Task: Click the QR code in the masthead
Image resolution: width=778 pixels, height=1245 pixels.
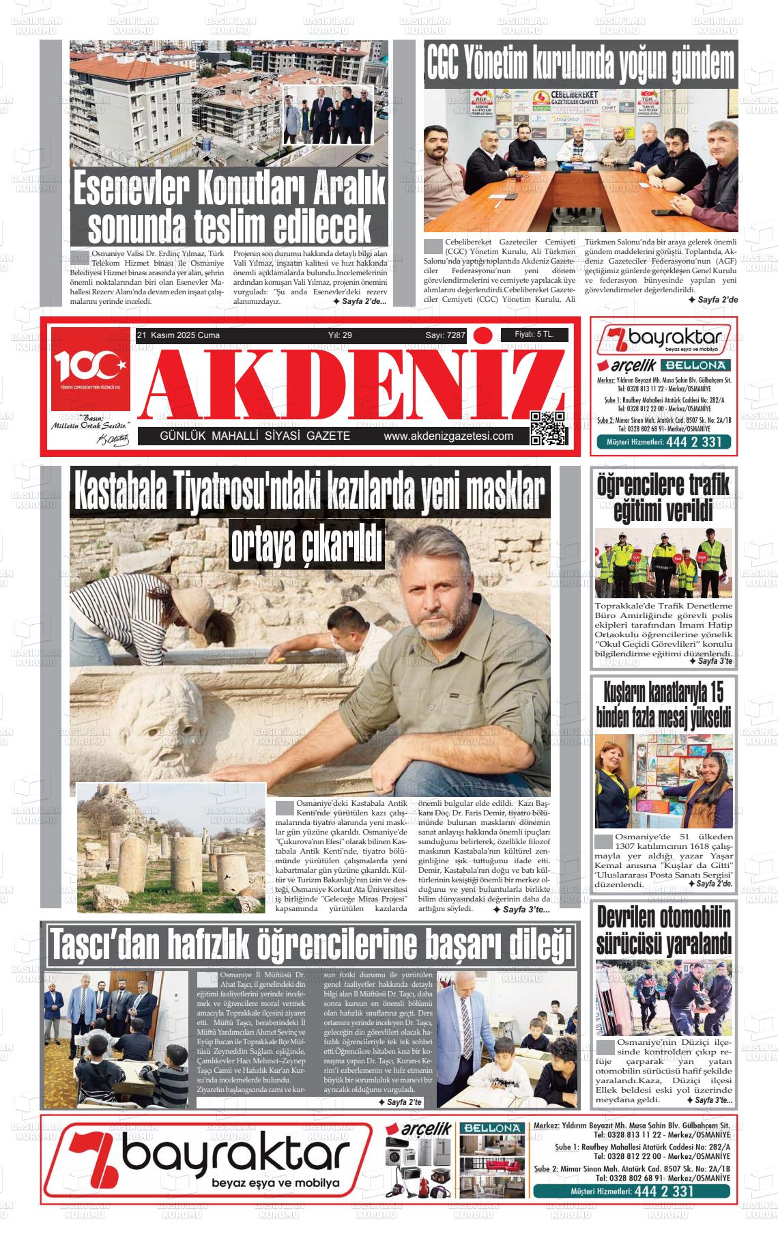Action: (549, 428)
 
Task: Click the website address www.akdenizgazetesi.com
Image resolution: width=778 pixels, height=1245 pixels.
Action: (448, 436)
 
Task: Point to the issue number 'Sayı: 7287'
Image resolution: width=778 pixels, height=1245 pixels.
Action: (445, 335)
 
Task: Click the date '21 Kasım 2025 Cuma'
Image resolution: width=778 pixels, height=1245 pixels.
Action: (178, 335)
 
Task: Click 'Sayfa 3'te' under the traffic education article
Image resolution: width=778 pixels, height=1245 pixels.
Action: (710, 661)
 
